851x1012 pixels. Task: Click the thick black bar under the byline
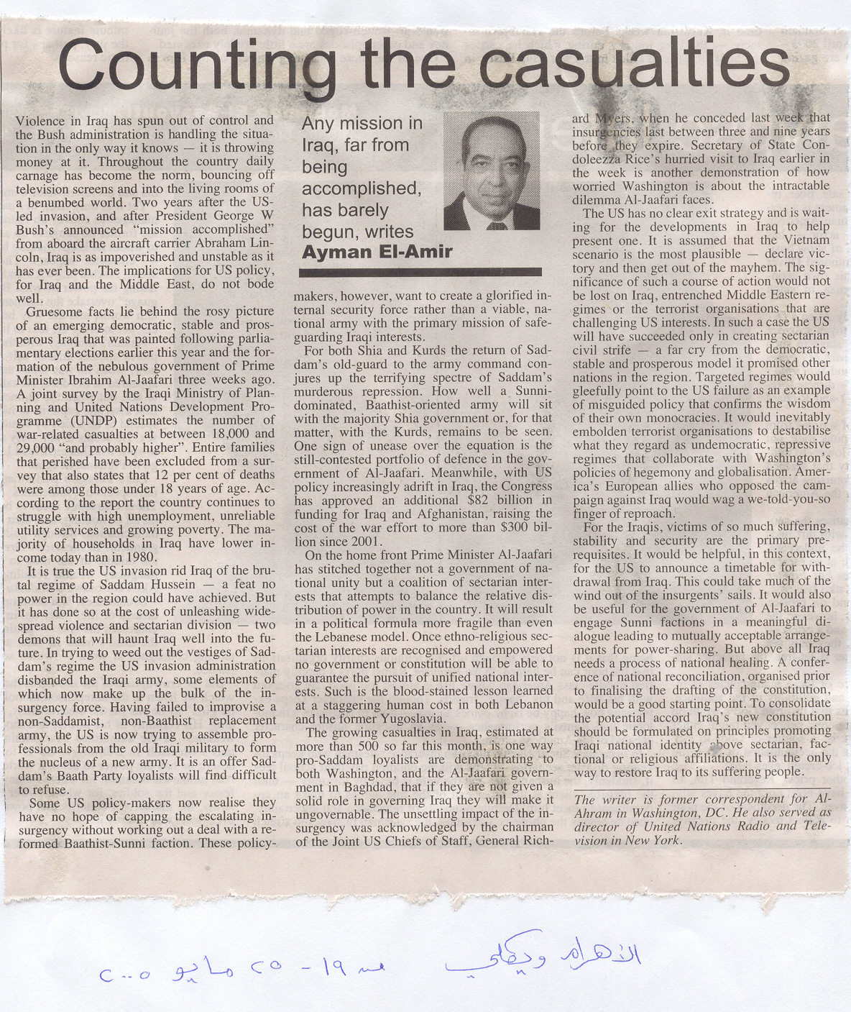(x=420, y=272)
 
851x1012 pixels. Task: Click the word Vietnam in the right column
(x=804, y=240)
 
